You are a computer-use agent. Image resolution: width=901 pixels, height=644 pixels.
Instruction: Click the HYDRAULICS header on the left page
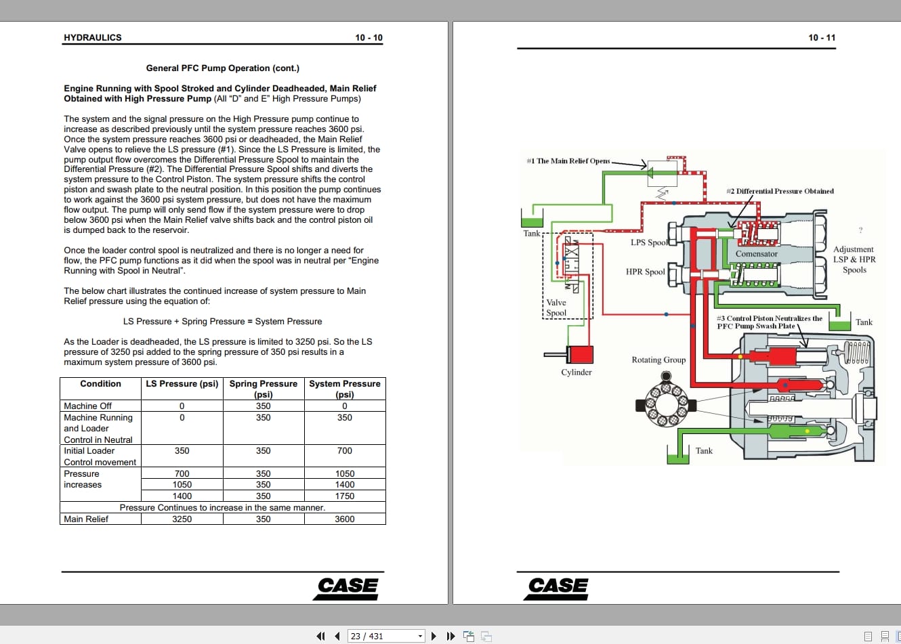click(x=93, y=38)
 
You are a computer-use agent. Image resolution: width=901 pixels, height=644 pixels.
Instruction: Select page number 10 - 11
click(x=822, y=38)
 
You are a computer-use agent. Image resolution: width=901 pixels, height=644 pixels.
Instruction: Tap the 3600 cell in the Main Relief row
click(x=345, y=519)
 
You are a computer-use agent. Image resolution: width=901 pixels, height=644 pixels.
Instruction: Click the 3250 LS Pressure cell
click(x=182, y=519)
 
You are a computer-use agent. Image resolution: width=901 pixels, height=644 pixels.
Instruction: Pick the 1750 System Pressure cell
click(x=345, y=496)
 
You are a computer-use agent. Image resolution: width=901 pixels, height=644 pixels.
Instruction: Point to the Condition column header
click(x=100, y=384)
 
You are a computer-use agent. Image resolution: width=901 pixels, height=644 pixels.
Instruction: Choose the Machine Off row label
click(x=87, y=406)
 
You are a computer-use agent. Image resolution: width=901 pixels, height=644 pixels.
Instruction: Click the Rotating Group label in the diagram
click(x=658, y=360)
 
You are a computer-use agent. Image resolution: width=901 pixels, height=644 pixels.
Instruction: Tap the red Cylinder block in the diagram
click(x=580, y=354)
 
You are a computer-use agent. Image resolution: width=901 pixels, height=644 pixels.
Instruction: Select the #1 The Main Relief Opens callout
click(x=568, y=161)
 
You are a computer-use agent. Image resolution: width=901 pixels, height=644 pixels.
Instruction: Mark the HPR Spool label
click(x=645, y=272)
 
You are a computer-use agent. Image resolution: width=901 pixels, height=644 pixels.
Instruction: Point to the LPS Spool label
click(x=649, y=242)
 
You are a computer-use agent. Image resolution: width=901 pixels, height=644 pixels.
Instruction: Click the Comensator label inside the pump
click(x=757, y=254)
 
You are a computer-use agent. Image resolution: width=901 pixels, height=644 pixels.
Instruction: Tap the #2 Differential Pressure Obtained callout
click(x=780, y=192)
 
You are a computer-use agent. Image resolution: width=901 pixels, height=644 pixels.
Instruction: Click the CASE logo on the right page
click(x=558, y=586)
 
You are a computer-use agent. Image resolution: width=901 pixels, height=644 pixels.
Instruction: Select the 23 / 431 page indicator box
click(x=385, y=636)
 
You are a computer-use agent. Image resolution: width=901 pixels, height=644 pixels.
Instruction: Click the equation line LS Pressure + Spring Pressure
click(x=222, y=322)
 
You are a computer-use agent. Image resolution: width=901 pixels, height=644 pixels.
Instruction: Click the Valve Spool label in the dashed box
click(x=556, y=308)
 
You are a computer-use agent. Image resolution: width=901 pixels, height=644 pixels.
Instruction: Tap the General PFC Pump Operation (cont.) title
click(x=222, y=68)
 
